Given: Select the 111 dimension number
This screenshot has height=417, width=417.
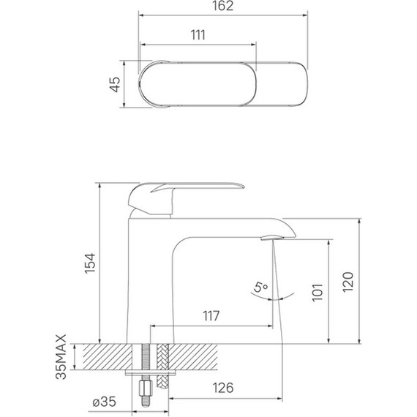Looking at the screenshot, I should coord(197,35).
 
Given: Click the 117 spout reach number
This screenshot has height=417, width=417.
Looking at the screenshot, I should coord(211,316).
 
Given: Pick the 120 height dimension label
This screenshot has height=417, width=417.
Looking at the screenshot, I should coord(349,281).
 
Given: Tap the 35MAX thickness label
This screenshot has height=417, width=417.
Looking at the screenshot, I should coord(62,357).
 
